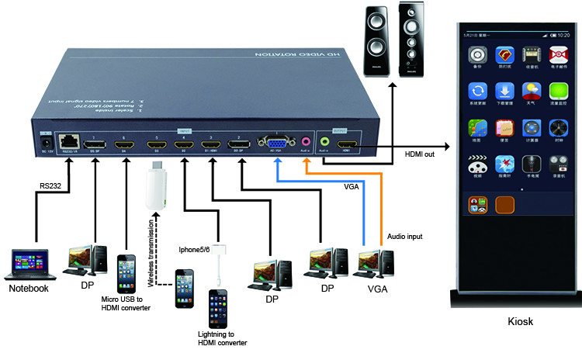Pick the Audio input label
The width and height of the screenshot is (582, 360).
coord(404,235)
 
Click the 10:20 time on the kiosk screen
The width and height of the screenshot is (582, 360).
coord(564,35)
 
